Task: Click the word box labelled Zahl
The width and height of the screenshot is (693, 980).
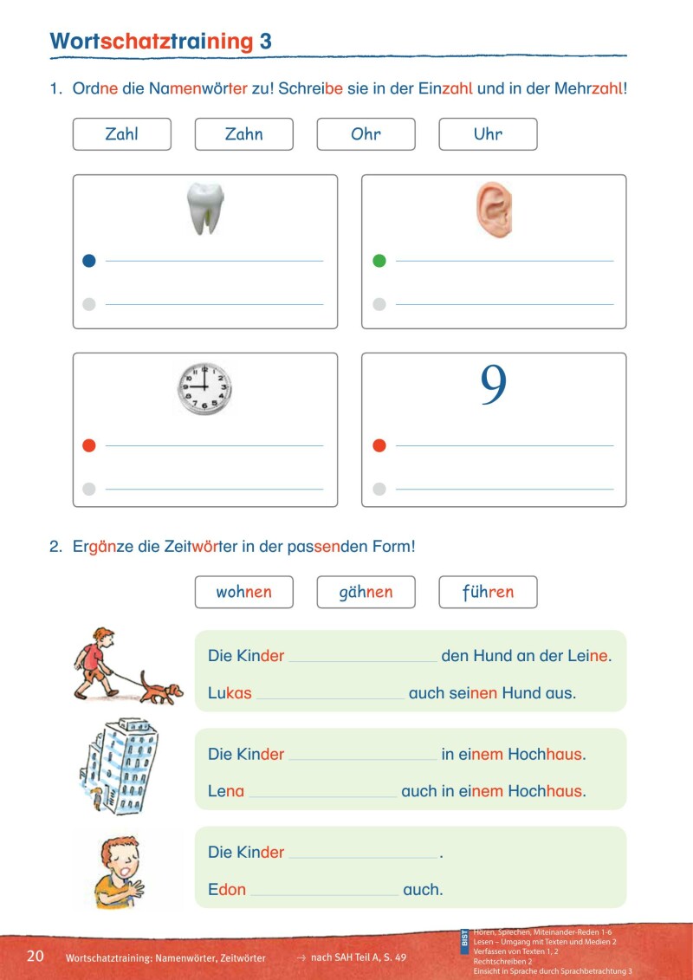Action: coord(122,134)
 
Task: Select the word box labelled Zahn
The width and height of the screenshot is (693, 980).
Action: coord(244,134)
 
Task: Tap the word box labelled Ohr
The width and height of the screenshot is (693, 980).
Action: coord(366,134)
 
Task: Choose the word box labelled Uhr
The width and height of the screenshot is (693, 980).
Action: coord(488,134)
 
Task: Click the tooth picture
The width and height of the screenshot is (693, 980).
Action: coord(205,209)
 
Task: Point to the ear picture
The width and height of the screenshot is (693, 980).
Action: coord(493,211)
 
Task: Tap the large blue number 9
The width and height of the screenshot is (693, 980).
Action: coord(493,387)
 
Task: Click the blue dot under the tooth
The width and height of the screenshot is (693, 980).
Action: coord(88,260)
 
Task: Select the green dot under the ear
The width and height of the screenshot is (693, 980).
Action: coord(379,260)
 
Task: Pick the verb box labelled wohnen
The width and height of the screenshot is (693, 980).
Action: coord(244,592)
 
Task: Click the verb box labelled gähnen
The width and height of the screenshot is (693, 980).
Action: coord(366,592)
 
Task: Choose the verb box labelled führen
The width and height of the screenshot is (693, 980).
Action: coord(488,592)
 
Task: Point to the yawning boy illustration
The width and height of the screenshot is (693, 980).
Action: coord(118,870)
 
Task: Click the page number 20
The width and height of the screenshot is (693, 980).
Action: coord(36,956)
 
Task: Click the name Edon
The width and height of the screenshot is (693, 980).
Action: coord(227,889)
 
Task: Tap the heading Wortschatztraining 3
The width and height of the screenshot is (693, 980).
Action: coord(161,41)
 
